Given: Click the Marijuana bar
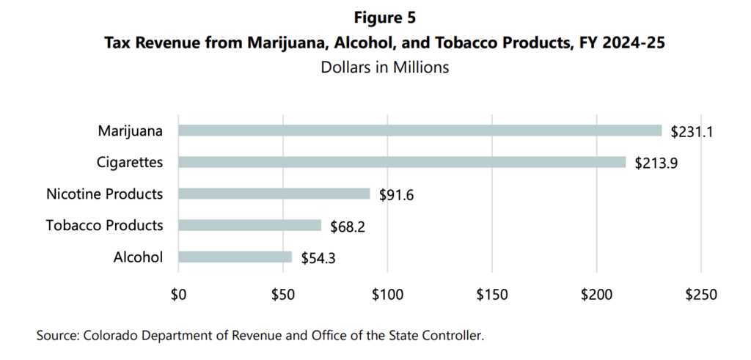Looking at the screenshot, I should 420,131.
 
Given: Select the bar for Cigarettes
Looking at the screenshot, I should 402,163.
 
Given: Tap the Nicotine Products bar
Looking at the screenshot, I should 274,194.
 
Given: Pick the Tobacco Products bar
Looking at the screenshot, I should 249,225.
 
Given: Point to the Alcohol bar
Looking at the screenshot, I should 235,257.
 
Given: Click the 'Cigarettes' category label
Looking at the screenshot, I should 131,163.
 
